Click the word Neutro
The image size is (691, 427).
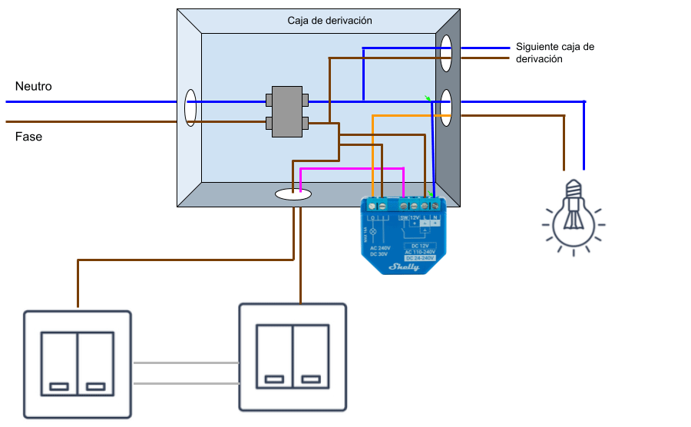(x=34, y=87)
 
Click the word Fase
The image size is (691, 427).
(x=29, y=137)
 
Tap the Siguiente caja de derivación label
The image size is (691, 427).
(x=554, y=52)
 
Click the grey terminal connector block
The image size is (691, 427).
(x=286, y=111)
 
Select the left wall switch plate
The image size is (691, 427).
(x=77, y=363)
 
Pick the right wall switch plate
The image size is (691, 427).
(x=293, y=356)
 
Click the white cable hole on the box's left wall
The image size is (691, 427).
(x=190, y=108)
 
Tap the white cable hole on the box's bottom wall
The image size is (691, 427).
(x=293, y=194)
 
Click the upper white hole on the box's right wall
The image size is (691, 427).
(x=445, y=54)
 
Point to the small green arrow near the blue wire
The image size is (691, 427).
(x=428, y=98)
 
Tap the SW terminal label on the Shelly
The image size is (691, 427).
(x=404, y=217)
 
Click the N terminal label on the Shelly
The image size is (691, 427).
(x=435, y=217)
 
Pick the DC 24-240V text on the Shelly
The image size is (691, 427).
(x=418, y=257)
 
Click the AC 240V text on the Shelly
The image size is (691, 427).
(x=379, y=248)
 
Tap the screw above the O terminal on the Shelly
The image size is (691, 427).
(x=372, y=205)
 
